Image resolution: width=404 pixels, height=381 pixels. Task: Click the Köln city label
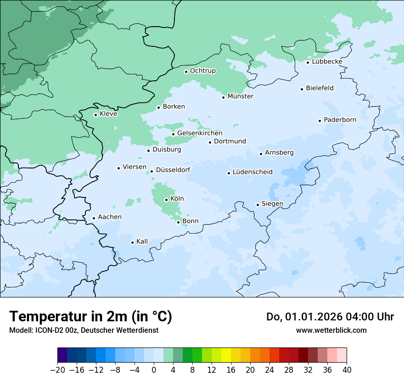[x=177, y=199]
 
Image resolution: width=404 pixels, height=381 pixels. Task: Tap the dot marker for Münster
[x=224, y=97]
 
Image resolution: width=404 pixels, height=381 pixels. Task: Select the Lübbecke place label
[x=327, y=62]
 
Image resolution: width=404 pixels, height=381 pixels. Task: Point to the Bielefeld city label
[x=320, y=88]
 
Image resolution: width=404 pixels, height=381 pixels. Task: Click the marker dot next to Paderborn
[x=320, y=121]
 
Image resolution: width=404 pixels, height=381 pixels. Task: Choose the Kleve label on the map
[x=108, y=114]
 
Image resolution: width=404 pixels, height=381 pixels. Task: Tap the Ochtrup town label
[x=202, y=71]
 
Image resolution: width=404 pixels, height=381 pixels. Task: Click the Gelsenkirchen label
[x=200, y=133]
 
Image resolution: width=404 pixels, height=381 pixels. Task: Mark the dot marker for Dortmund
[x=210, y=142]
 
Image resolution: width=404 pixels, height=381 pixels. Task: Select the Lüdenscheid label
[x=252, y=172]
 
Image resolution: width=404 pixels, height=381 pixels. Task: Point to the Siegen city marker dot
[x=258, y=205]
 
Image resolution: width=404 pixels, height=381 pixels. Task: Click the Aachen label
[x=110, y=217]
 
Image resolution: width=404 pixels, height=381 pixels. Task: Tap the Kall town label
[x=142, y=241]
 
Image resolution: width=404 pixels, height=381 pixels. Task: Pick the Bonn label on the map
[x=191, y=221]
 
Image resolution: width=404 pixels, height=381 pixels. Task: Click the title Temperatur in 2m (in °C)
[x=90, y=317]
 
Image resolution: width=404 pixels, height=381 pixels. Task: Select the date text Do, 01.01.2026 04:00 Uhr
[x=330, y=317]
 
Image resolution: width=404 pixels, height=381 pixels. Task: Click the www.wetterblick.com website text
[x=331, y=331]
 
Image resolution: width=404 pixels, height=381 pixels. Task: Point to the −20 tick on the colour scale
[x=58, y=370]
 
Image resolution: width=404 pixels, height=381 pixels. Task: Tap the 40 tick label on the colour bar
[x=347, y=370]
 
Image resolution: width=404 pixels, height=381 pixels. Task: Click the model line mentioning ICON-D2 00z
[x=84, y=331]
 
